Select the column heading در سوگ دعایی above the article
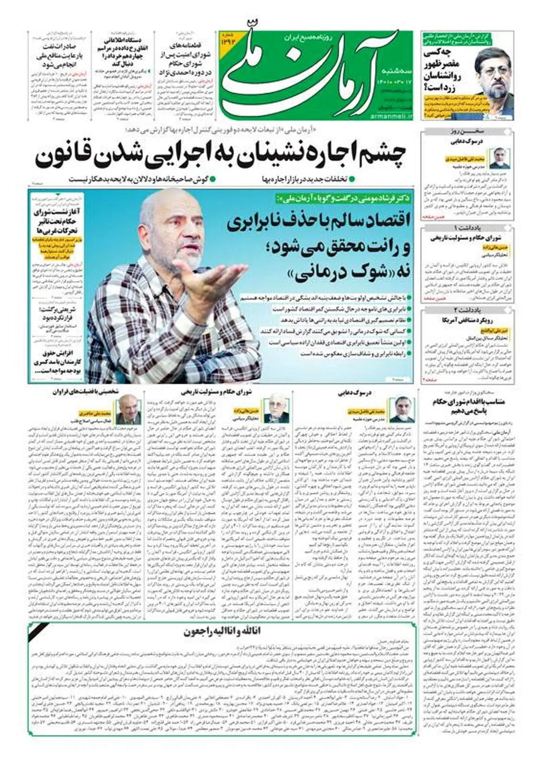tap(355, 393)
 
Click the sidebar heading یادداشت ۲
tap(467, 310)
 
